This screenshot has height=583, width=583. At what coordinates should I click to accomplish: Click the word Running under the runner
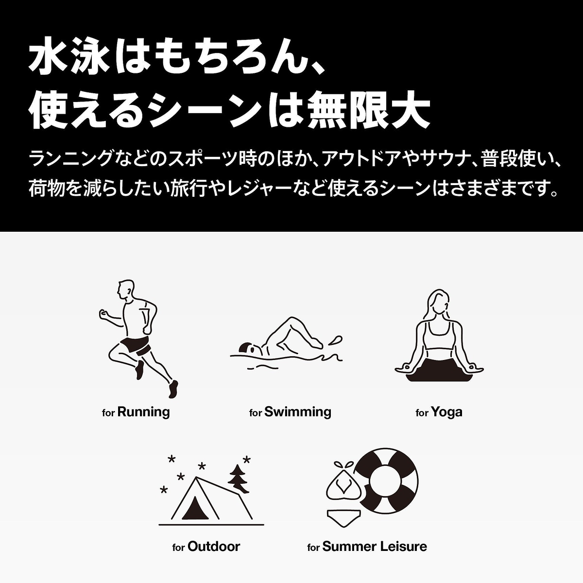(144, 412)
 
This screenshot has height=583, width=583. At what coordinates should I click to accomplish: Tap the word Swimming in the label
(297, 412)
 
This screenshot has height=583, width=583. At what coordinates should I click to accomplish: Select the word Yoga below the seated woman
(446, 412)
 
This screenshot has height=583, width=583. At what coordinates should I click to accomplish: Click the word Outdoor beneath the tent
(214, 546)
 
